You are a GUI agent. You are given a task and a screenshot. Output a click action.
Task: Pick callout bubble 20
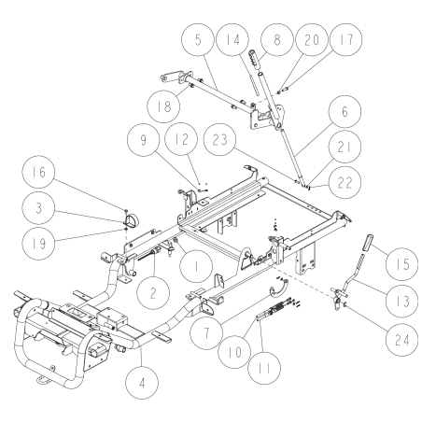click(x=302, y=44)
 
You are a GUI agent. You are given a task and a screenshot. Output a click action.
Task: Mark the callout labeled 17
click(x=337, y=44)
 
